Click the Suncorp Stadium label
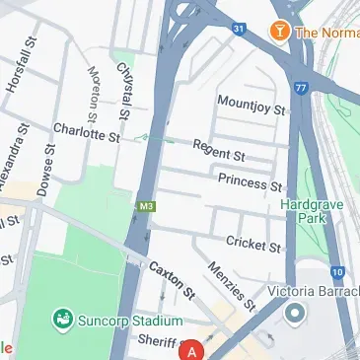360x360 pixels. click(131, 321)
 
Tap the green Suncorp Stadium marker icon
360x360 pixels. click(63, 320)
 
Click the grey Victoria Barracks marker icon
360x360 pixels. click(294, 315)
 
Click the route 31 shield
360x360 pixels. click(238, 29)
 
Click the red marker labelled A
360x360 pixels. click(193, 350)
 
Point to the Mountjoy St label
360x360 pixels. click(251, 103)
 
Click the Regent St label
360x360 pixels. click(218, 150)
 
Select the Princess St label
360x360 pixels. click(250, 182)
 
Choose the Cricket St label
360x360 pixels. click(253, 242)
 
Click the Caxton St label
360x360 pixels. click(173, 280)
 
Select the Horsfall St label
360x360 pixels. click(20, 66)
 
